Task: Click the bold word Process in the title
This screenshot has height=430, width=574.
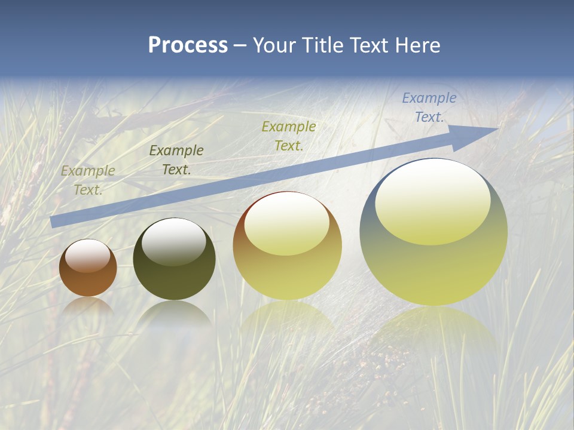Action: point(188,45)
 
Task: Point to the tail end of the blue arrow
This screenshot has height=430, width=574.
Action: point(53,222)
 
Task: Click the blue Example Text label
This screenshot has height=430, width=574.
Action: point(429,107)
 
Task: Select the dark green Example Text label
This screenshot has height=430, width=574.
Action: point(176,160)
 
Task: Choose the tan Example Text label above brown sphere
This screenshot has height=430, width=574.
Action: point(87,180)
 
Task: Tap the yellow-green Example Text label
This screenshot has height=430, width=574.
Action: point(288,136)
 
